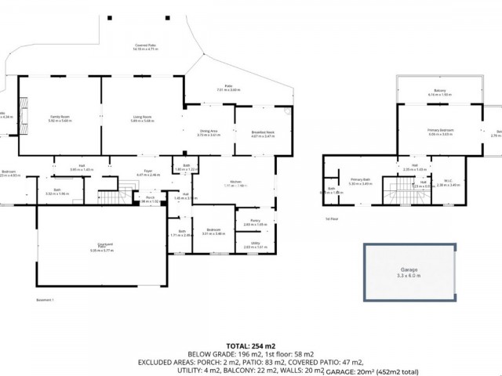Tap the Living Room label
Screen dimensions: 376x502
click(x=142, y=117)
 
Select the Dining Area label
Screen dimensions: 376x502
click(x=209, y=131)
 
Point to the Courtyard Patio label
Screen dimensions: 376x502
click(x=101, y=248)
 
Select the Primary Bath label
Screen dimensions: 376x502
click(x=360, y=180)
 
